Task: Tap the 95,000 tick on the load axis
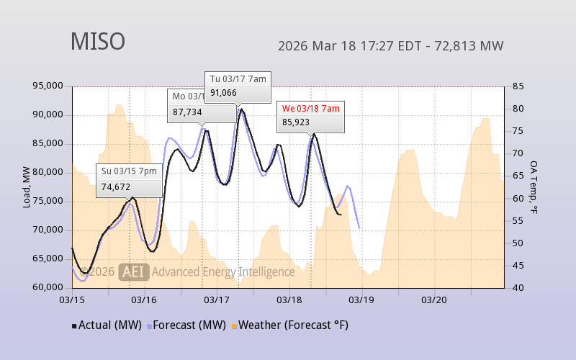pyautogui.click(x=48, y=86)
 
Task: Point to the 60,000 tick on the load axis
pyautogui.click(x=48, y=287)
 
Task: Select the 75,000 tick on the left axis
pyautogui.click(x=48, y=201)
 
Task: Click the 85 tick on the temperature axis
pyautogui.click(x=518, y=86)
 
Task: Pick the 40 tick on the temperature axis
pyautogui.click(x=518, y=287)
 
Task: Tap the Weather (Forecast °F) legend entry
pyautogui.click(x=290, y=325)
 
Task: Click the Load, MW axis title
pyautogui.click(x=26, y=187)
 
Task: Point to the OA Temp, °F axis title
pyautogui.click(x=534, y=187)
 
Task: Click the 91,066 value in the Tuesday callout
pyautogui.click(x=224, y=92)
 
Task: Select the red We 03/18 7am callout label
pyautogui.click(x=310, y=108)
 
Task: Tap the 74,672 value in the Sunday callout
pyautogui.click(x=116, y=186)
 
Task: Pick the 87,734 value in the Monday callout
pyautogui.click(x=187, y=112)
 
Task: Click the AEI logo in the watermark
pyautogui.click(x=135, y=271)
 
